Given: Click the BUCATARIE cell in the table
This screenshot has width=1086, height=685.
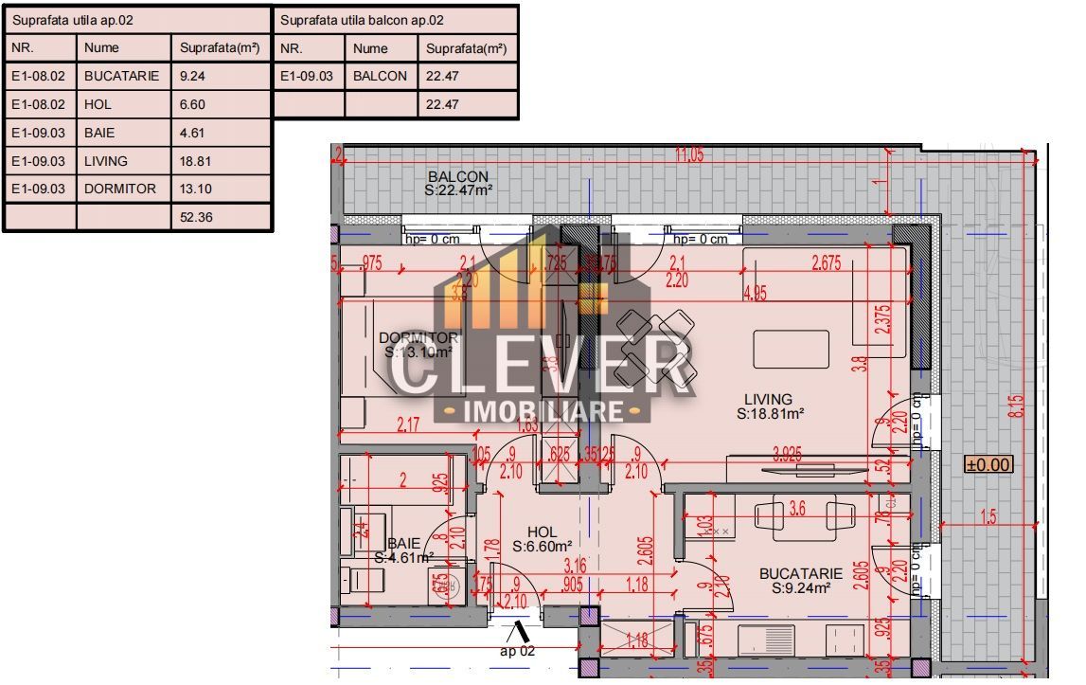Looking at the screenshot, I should point(121,76).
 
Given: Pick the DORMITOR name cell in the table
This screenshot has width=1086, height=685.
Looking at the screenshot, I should point(120,189).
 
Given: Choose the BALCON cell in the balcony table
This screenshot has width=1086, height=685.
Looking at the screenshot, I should point(380,76).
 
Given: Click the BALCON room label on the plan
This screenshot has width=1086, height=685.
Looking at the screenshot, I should point(458,177).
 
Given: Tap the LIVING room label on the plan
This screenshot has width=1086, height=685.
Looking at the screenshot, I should point(768,400).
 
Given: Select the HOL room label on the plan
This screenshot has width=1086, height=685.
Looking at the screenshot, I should point(543,532).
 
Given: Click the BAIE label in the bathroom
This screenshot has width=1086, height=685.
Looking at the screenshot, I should point(403,544).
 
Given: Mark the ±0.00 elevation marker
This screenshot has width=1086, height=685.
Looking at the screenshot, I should point(988,464).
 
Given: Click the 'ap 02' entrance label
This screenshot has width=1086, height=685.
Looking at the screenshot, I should point(518,651).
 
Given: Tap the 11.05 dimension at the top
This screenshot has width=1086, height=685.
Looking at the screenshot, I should point(688,154).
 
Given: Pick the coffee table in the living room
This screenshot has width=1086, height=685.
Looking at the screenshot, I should point(792,350).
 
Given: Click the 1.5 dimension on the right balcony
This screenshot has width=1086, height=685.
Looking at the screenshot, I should point(988,516).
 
